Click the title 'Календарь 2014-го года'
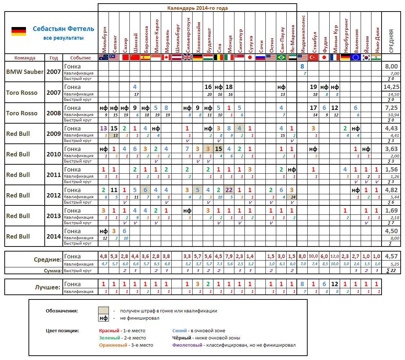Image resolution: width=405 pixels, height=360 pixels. pos(197,8)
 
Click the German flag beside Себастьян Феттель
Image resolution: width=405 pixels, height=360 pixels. pos(18,31)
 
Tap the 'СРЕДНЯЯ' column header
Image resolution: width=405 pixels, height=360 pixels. pos(391,40)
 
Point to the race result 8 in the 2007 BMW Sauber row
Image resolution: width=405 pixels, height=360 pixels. pos(302,66)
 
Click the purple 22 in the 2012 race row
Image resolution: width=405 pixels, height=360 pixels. pos(229,190)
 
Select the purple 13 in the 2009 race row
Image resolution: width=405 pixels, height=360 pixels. pos(103,128)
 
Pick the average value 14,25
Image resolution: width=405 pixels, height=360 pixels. pos(391,87)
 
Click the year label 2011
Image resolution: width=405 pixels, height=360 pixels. pos(53,174)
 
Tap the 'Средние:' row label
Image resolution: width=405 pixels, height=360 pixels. pos(47,259)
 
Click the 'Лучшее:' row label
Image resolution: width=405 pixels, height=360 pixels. pos(47,288)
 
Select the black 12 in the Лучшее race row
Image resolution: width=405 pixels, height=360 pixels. pos(335,284)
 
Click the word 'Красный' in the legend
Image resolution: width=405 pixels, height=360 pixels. pos(109,330)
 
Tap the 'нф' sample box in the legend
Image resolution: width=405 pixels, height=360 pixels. pos(104,318)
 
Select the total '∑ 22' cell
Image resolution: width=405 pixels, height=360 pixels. pos(391,270)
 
